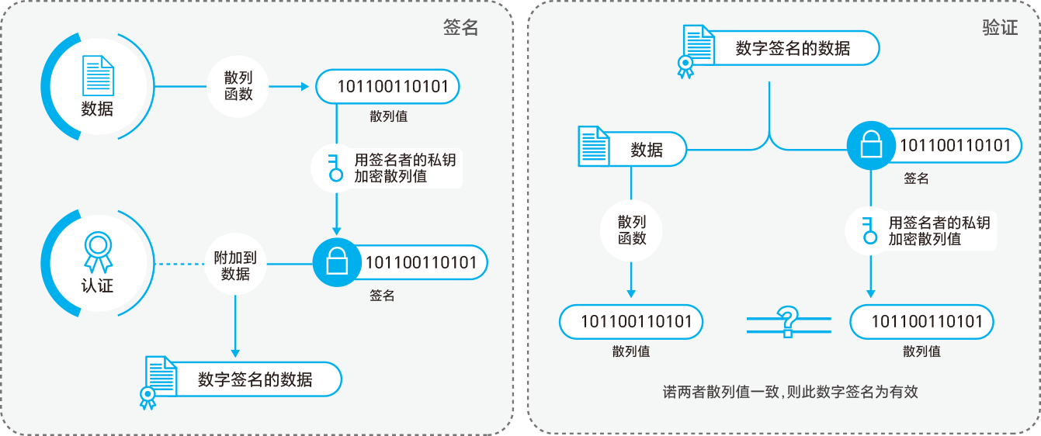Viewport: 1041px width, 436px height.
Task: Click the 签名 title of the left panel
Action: (460, 28)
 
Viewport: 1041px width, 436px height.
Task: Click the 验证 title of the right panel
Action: (999, 28)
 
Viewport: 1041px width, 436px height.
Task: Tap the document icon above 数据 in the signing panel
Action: (98, 76)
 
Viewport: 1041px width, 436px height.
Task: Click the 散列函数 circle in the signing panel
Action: (238, 86)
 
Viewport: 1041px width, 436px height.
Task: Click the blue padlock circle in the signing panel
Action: (337, 263)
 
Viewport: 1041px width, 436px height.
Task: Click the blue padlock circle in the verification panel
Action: (870, 146)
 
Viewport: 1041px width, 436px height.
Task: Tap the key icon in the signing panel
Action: (335, 168)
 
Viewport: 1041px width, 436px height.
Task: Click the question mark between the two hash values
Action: (788, 320)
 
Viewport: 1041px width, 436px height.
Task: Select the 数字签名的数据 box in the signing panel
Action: (255, 379)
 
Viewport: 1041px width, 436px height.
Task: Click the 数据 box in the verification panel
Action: (647, 150)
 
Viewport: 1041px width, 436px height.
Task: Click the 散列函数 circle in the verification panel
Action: (632, 230)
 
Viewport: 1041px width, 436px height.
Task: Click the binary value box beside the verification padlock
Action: (954, 146)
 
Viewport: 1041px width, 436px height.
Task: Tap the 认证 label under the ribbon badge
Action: (97, 285)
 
